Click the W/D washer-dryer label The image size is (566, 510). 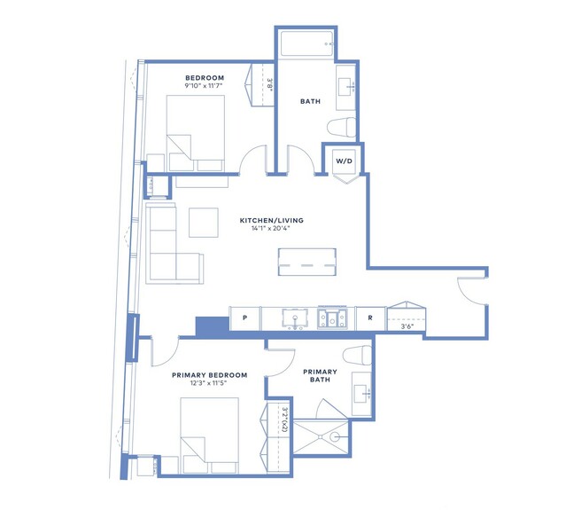(x=344, y=161)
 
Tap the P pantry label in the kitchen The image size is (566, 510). (x=244, y=318)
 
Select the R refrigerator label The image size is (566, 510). (x=370, y=318)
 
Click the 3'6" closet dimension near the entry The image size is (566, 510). (x=407, y=326)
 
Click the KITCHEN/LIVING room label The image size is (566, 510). (x=271, y=220)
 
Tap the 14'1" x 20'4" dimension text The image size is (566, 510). (x=271, y=228)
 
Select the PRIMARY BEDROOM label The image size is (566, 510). (x=209, y=375)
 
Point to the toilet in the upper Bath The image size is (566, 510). (x=342, y=127)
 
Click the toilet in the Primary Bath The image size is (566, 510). (x=357, y=356)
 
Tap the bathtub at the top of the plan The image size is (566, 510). (x=306, y=44)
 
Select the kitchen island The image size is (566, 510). (x=307, y=262)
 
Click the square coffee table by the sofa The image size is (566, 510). (x=204, y=223)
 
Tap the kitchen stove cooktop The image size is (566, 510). (x=332, y=318)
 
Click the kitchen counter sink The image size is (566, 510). (x=295, y=318)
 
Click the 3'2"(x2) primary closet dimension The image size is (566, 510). (x=284, y=420)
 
